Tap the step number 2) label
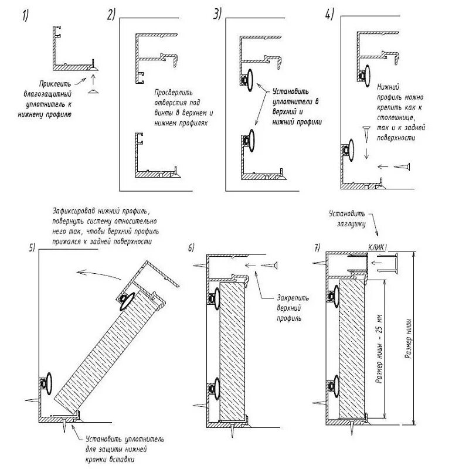click(111, 16)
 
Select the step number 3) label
click(218, 15)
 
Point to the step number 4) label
click(329, 15)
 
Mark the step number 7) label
click(317, 247)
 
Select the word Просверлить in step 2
click(171, 93)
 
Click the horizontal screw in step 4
click(400, 168)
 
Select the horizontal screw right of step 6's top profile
click(269, 267)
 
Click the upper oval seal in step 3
click(251, 80)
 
